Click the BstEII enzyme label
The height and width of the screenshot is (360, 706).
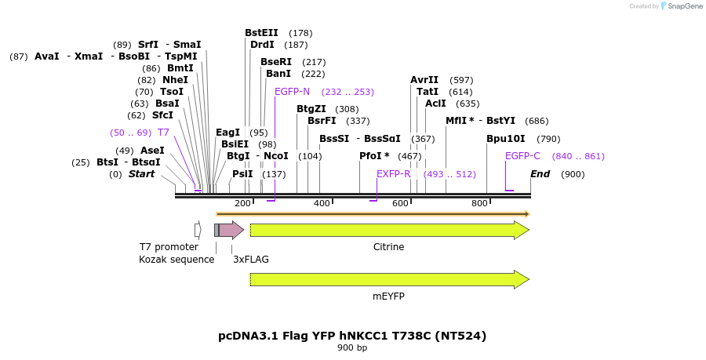tap(261, 33)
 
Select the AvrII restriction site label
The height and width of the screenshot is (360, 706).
tap(424, 80)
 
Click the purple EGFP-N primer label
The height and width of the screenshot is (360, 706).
tap(292, 92)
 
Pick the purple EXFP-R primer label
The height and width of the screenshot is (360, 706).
tap(393, 174)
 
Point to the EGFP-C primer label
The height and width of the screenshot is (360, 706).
tap(522, 156)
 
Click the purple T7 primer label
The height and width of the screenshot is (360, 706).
tap(163, 133)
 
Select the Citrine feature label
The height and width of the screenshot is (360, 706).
tap(388, 247)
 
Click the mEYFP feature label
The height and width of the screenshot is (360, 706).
tap(388, 296)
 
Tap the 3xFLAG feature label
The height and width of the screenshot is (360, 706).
tap(250, 260)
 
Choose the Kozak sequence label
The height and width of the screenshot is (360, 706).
tap(176, 260)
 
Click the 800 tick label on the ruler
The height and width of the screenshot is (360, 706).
tap(479, 204)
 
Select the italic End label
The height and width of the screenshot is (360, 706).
tap(540, 174)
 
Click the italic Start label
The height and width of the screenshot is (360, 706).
tap(142, 174)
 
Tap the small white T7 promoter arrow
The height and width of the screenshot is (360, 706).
tap(198, 230)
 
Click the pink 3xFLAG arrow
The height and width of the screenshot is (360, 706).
tap(231, 230)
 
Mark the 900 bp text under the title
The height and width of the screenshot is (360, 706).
tap(352, 347)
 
